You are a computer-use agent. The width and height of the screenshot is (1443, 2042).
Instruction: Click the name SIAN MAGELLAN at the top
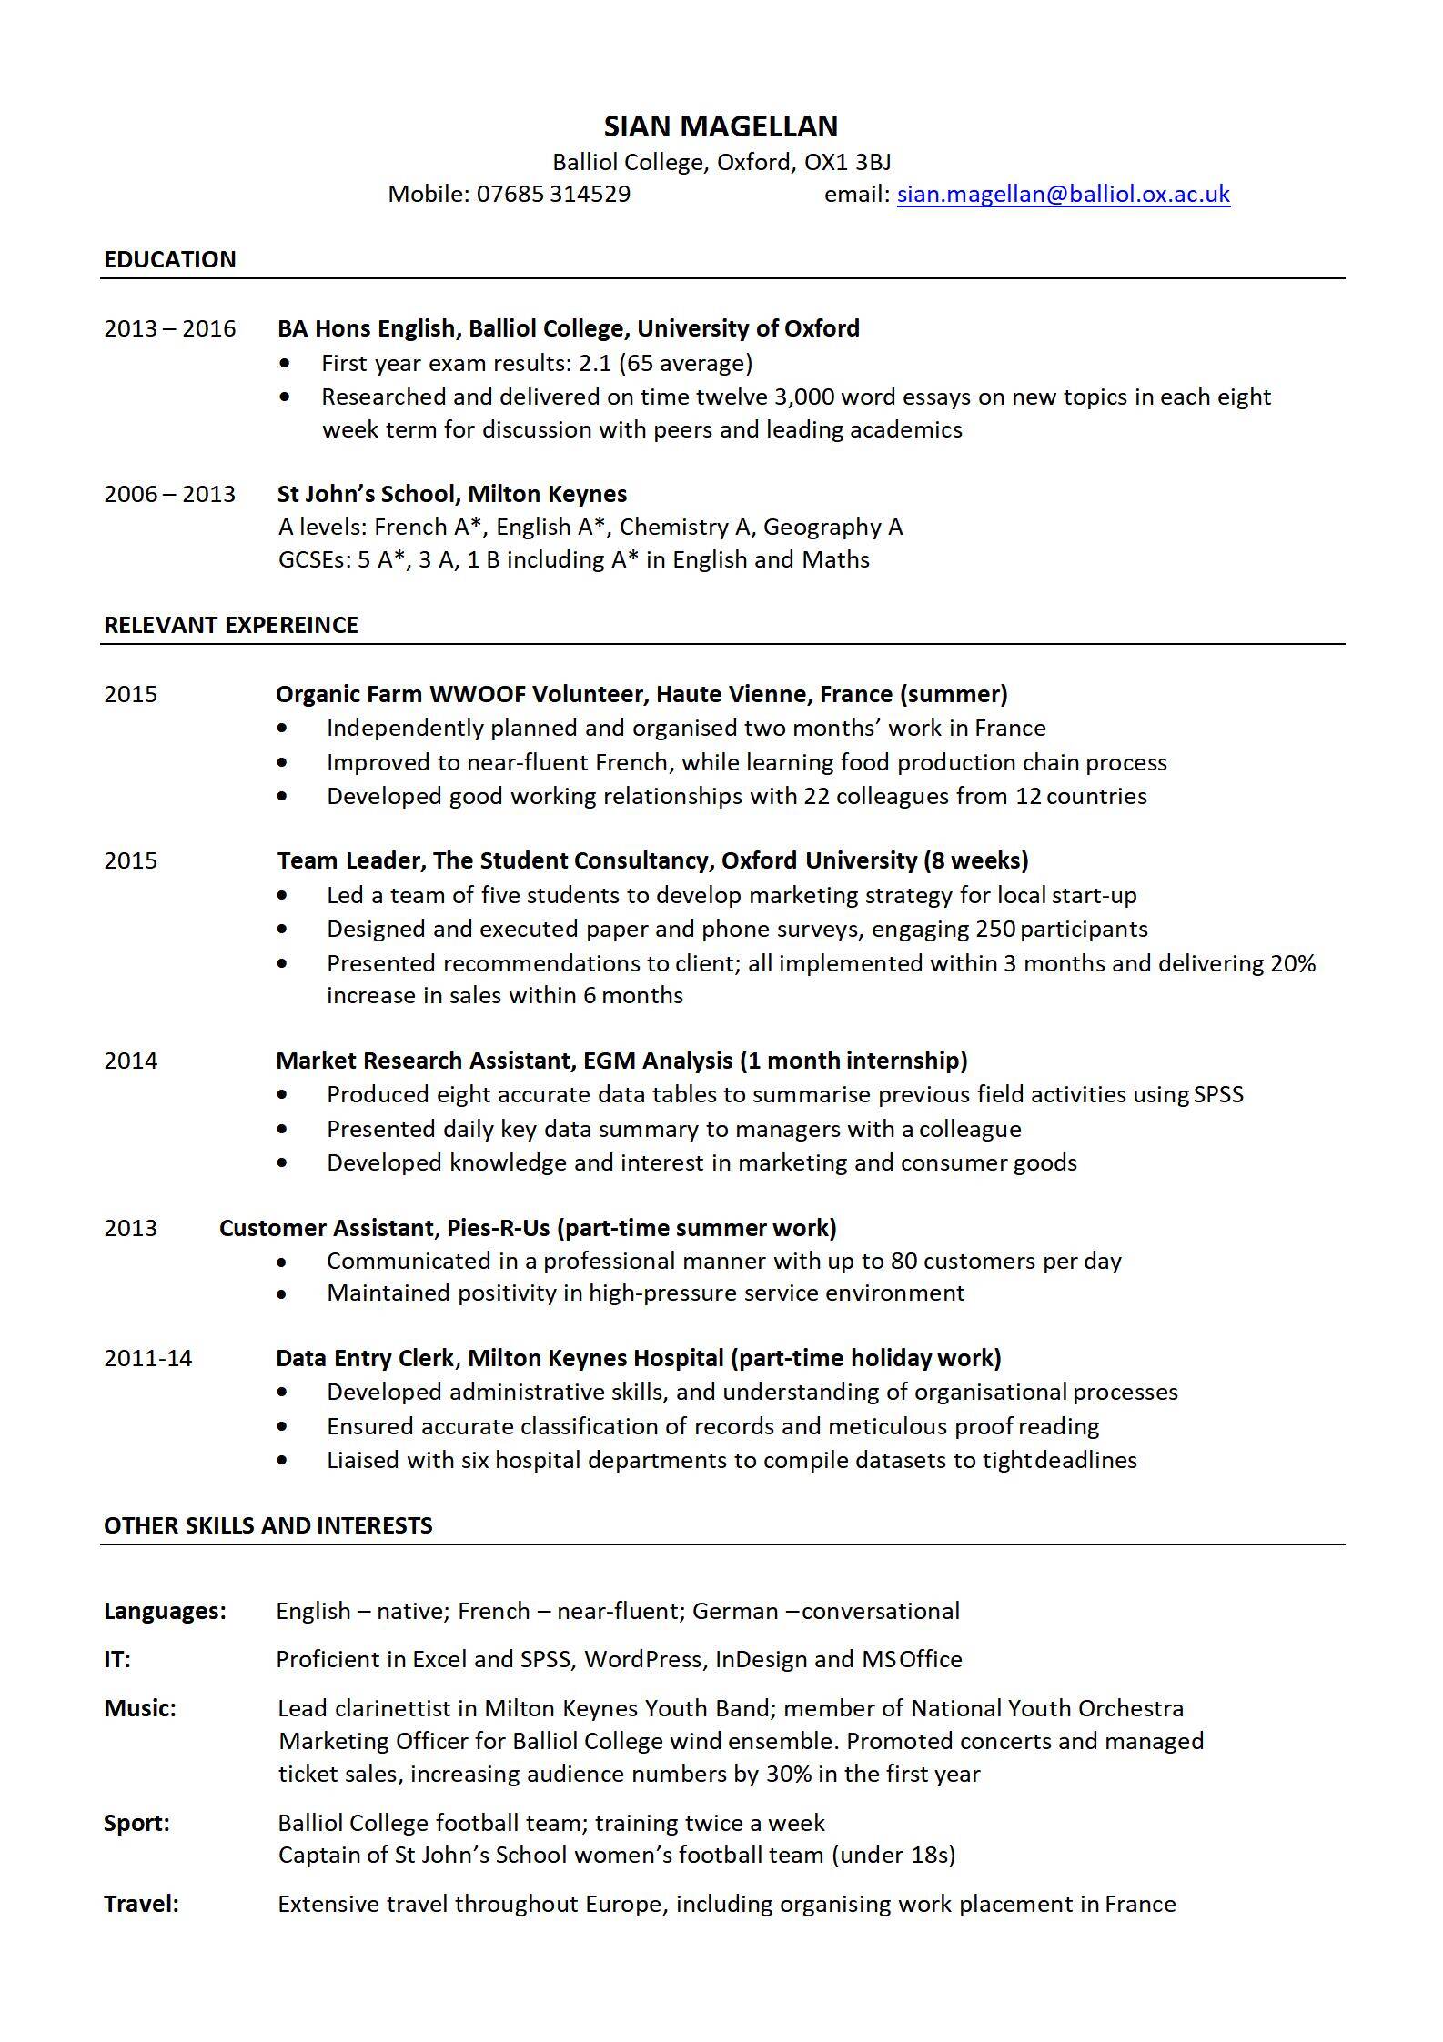click(721, 126)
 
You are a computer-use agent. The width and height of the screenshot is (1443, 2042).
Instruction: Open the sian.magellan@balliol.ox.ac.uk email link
click(1063, 194)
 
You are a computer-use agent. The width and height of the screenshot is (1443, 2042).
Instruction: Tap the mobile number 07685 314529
click(553, 194)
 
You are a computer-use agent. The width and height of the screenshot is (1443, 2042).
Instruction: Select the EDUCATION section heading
click(170, 259)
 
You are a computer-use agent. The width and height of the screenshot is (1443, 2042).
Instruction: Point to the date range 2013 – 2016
click(170, 328)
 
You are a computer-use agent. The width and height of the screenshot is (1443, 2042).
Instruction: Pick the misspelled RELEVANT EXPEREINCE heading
click(231, 625)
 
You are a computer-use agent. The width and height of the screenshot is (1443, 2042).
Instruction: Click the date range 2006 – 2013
click(170, 494)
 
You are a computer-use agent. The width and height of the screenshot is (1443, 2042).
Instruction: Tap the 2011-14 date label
click(148, 1358)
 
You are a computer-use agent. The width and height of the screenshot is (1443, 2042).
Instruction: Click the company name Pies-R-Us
click(498, 1228)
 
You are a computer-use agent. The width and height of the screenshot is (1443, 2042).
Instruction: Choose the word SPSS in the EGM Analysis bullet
click(1218, 1094)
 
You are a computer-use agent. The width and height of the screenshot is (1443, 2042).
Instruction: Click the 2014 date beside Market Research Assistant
click(131, 1061)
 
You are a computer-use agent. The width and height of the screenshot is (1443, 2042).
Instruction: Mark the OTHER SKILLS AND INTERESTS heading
click(268, 1525)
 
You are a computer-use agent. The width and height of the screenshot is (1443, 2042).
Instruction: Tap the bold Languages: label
click(165, 1611)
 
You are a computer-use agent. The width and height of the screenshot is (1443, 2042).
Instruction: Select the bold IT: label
click(117, 1659)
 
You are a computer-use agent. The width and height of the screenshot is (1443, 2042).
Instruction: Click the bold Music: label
click(140, 1708)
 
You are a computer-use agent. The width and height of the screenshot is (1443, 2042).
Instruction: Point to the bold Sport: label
click(136, 1823)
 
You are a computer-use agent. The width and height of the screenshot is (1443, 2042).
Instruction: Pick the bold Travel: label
click(141, 1904)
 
